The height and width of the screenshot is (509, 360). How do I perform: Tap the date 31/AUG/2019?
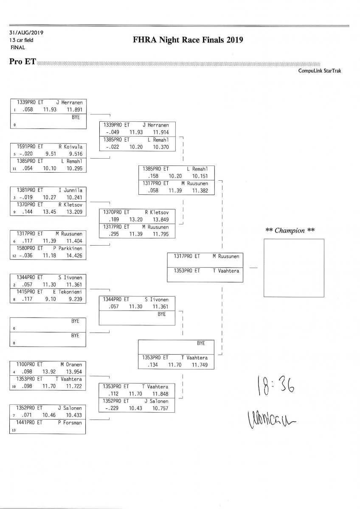tap(26, 33)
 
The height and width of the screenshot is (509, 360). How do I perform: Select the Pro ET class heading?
tap(22, 62)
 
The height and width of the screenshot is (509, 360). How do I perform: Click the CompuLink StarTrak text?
tap(320, 71)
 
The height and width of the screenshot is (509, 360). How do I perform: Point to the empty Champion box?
tap(294, 268)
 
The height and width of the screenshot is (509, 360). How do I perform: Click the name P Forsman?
tap(70, 422)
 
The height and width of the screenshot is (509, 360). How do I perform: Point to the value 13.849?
tap(161, 219)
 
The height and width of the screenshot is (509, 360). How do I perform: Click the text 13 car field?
tap(21, 40)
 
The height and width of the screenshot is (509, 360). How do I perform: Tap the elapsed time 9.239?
tap(74, 299)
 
